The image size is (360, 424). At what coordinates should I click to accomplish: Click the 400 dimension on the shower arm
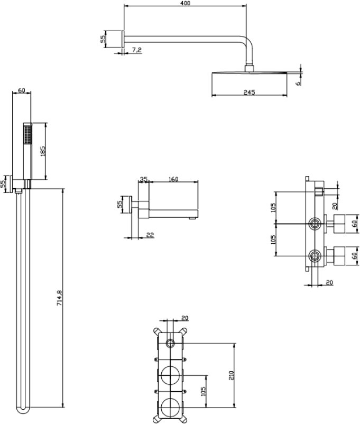[x=185, y=3]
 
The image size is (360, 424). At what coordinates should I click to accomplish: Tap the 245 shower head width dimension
[x=249, y=92]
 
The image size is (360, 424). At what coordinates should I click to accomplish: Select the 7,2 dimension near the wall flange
[x=137, y=50]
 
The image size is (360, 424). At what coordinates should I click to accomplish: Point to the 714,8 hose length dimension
[x=59, y=298]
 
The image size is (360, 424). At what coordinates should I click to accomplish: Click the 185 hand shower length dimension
[x=42, y=151]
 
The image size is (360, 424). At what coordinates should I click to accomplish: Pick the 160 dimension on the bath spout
[x=173, y=179]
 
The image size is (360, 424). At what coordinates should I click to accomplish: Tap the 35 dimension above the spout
[x=144, y=179]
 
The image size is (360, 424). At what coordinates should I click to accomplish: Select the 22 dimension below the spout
[x=150, y=235]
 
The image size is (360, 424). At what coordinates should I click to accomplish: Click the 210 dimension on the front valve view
[x=231, y=375]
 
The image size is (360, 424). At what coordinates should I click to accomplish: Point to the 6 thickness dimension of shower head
[x=298, y=84]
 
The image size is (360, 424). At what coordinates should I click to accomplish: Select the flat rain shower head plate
[x=249, y=72]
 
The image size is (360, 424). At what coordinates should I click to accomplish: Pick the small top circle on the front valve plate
[x=170, y=344]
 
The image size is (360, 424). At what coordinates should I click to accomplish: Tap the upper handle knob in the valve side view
[x=340, y=224]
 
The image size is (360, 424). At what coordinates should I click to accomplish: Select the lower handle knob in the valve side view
[x=340, y=255]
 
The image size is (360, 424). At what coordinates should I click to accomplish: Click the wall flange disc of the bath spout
[x=131, y=205]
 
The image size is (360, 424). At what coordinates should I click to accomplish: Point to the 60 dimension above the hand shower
[x=21, y=90]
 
